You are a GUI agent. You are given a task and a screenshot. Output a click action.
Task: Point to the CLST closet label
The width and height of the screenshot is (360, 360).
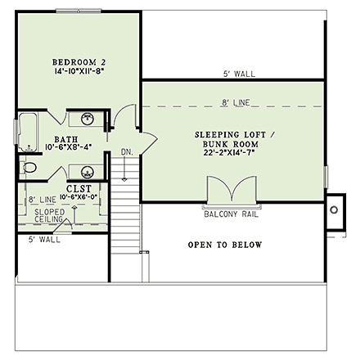click(x=74, y=187)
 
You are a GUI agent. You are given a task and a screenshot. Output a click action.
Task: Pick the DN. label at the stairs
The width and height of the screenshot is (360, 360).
click(x=127, y=152)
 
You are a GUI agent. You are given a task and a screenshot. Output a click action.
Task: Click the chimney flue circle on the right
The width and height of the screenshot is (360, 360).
click(x=334, y=209)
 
